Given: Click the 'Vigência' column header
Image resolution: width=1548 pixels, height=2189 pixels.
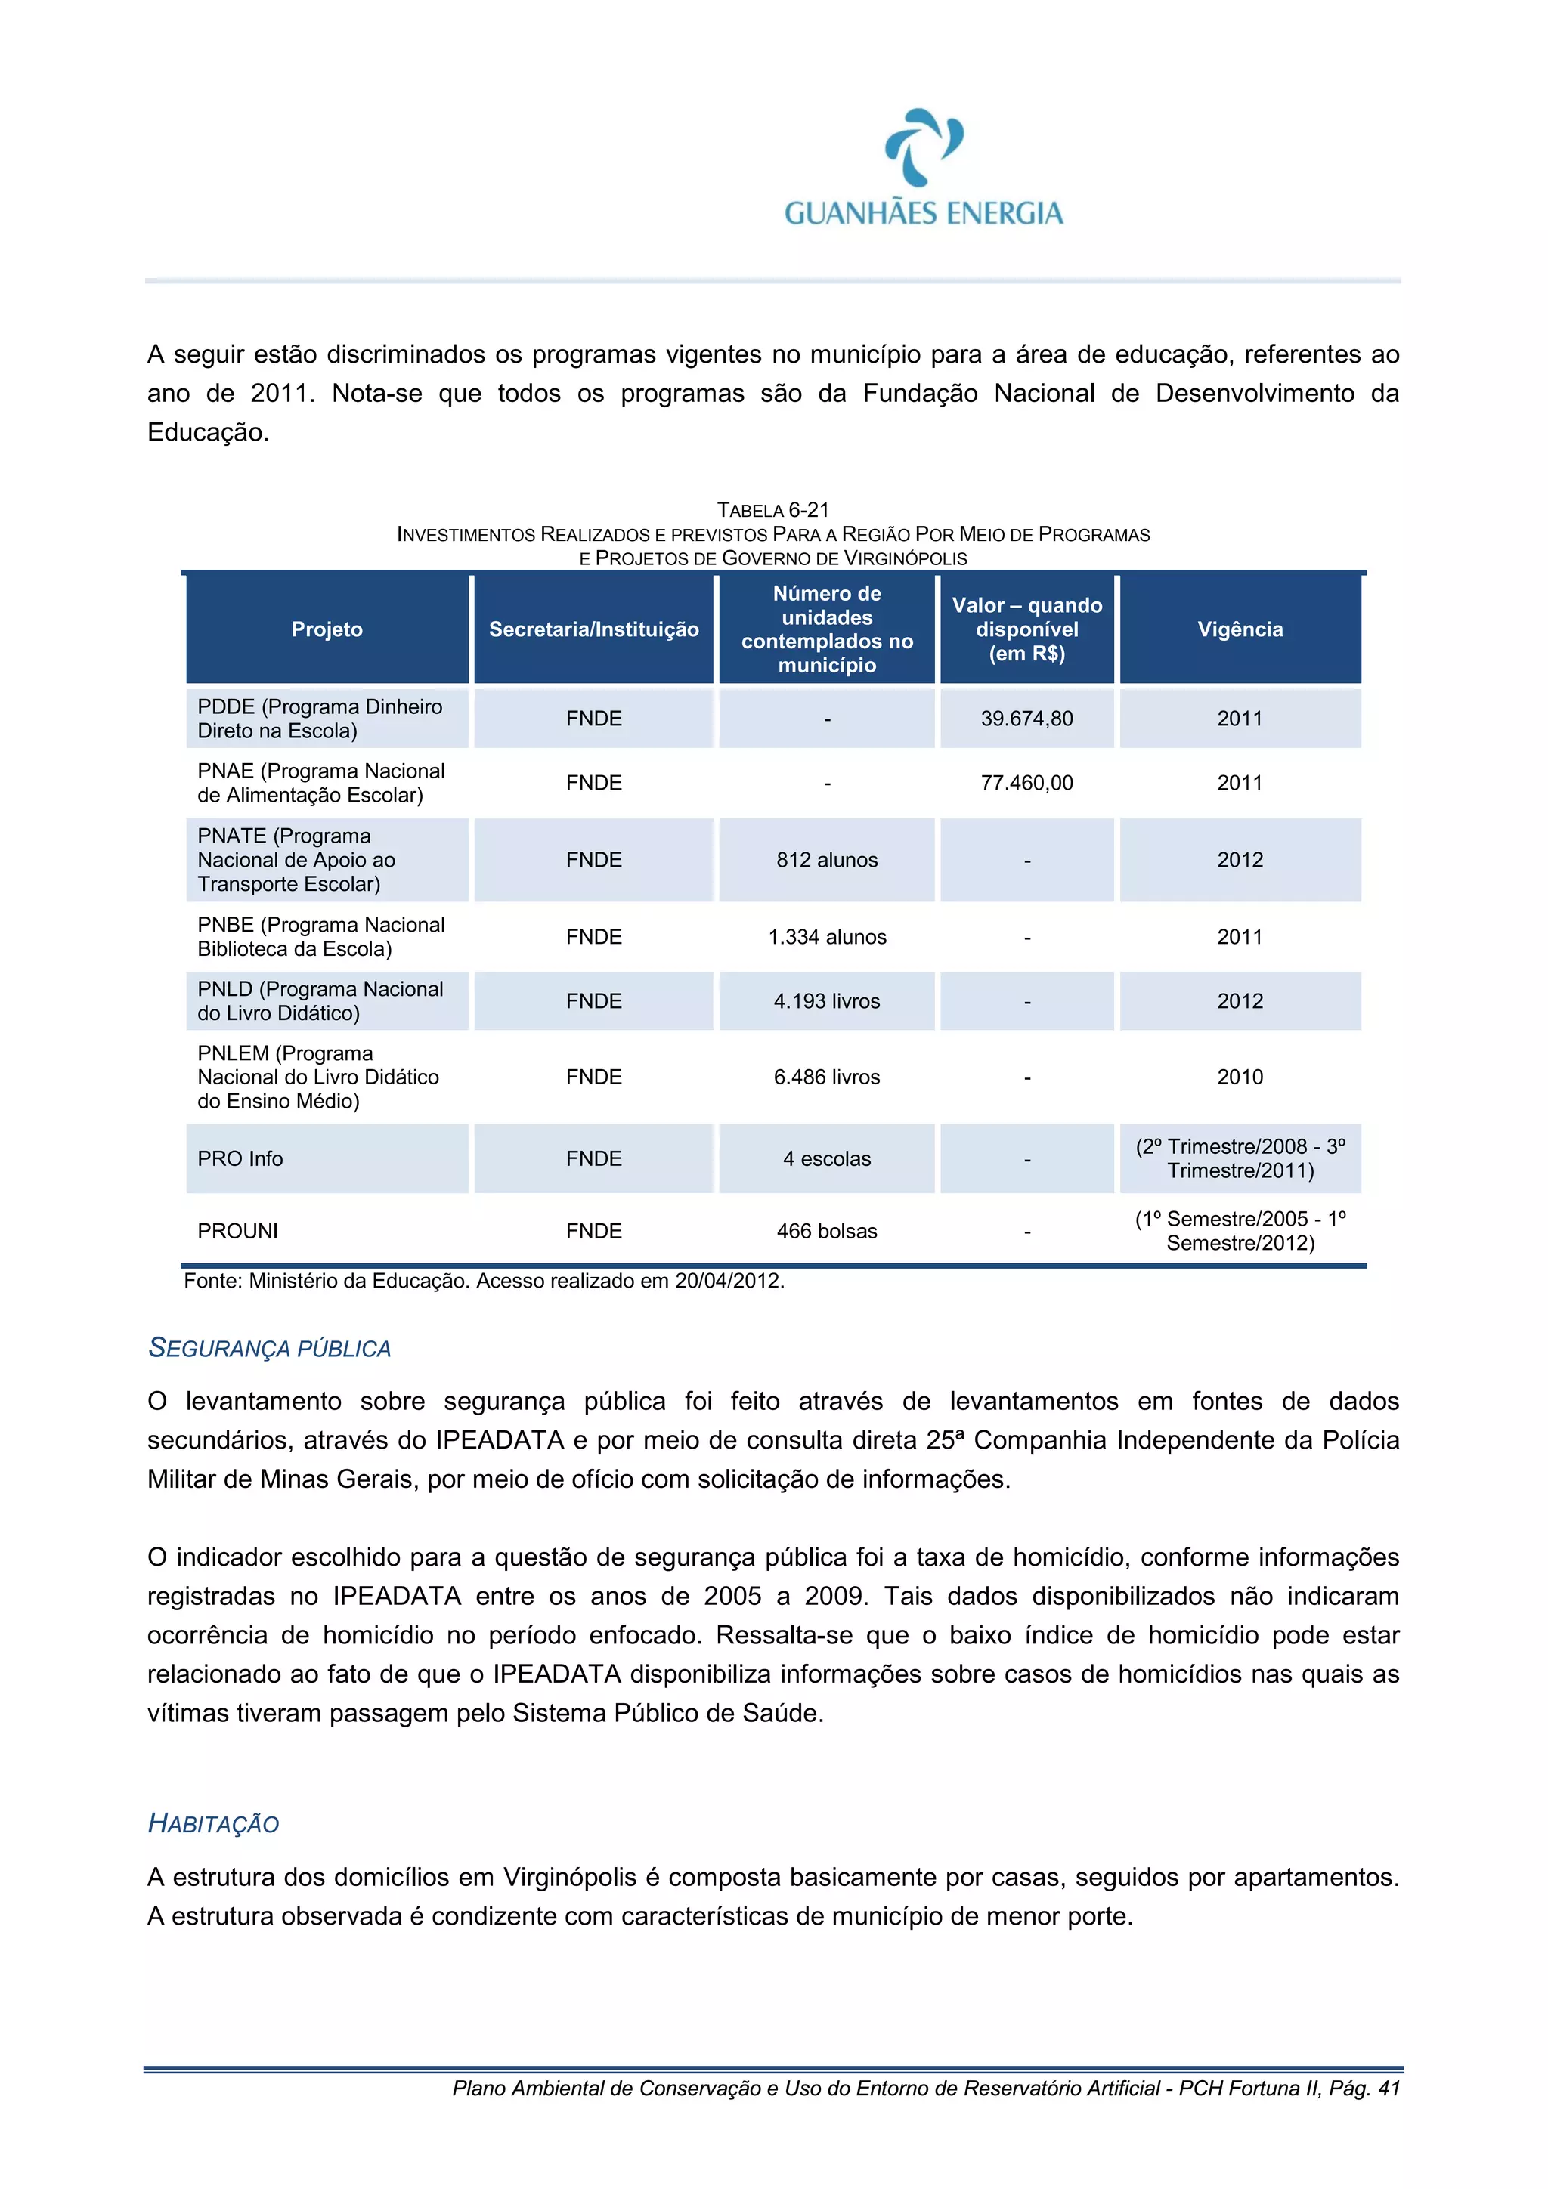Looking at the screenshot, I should click(1239, 629).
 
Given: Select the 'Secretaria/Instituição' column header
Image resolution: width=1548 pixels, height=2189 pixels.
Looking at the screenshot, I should click(593, 629).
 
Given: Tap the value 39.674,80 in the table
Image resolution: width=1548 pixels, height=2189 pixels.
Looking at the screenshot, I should click(1026, 719).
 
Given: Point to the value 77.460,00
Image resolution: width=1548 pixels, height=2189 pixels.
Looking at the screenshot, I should click(1026, 783).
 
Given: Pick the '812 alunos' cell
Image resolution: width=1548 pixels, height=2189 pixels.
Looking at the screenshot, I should click(826, 860).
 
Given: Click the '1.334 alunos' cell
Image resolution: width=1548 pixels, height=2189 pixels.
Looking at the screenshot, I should click(826, 937).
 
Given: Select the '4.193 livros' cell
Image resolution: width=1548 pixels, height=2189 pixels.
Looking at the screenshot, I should click(826, 1001).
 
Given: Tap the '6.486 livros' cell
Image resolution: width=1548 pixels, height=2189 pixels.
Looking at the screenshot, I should click(826, 1077).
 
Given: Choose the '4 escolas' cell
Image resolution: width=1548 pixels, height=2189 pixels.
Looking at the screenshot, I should click(826, 1159).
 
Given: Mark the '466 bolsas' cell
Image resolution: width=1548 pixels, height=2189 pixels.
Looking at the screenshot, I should click(826, 1232).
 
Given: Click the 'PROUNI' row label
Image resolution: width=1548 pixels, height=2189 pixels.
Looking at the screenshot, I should click(237, 1232).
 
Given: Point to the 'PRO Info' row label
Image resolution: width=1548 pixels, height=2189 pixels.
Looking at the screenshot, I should click(240, 1159).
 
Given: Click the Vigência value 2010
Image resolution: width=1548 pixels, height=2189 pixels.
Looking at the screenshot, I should click(1239, 1077).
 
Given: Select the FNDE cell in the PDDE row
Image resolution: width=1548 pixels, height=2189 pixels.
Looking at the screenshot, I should click(593, 719).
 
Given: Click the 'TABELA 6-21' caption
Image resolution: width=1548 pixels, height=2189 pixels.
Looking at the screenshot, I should click(772, 510).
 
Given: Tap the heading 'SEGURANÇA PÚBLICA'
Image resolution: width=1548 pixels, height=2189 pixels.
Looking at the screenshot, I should click(270, 1348).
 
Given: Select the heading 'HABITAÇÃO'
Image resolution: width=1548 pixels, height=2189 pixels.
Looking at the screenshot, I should click(214, 1824).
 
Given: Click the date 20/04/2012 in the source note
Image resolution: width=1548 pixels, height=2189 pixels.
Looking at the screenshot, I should click(727, 1282).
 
